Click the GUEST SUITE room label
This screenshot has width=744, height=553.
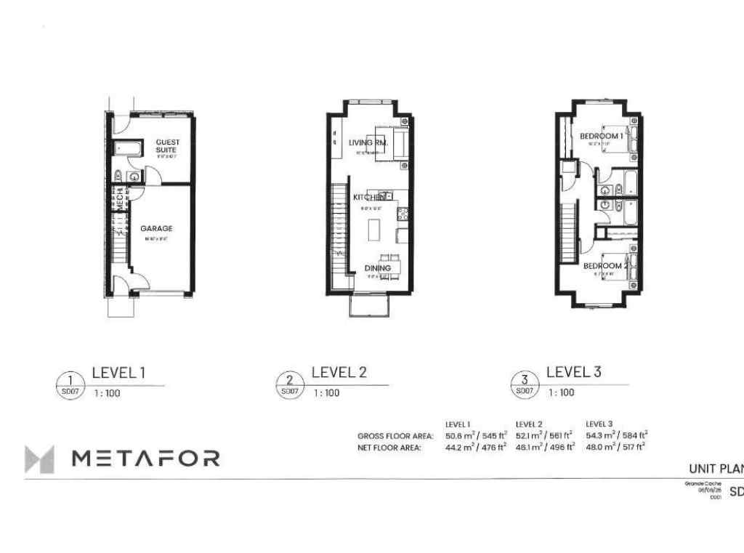(168, 145)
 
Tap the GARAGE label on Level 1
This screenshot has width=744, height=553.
(156, 228)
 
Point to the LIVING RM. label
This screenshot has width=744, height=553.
(368, 143)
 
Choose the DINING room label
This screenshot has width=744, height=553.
(378, 268)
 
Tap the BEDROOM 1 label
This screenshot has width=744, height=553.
(601, 136)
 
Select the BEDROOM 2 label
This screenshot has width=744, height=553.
(605, 266)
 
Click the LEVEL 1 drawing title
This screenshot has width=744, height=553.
(118, 373)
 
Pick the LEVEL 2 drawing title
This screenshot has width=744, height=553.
(339, 373)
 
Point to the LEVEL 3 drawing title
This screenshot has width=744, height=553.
(573, 373)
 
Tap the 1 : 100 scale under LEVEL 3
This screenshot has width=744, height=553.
(561, 393)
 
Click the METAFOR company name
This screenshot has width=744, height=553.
(145, 458)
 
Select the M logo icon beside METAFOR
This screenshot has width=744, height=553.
(39, 459)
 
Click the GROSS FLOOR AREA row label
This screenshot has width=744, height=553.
(395, 436)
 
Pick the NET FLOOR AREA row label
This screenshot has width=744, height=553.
(389, 448)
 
